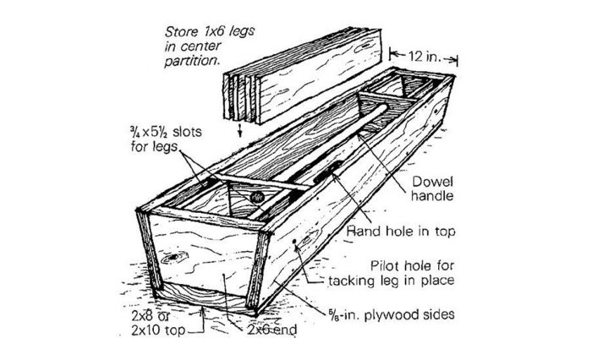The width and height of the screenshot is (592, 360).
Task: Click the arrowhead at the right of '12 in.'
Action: click(x=455, y=58)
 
